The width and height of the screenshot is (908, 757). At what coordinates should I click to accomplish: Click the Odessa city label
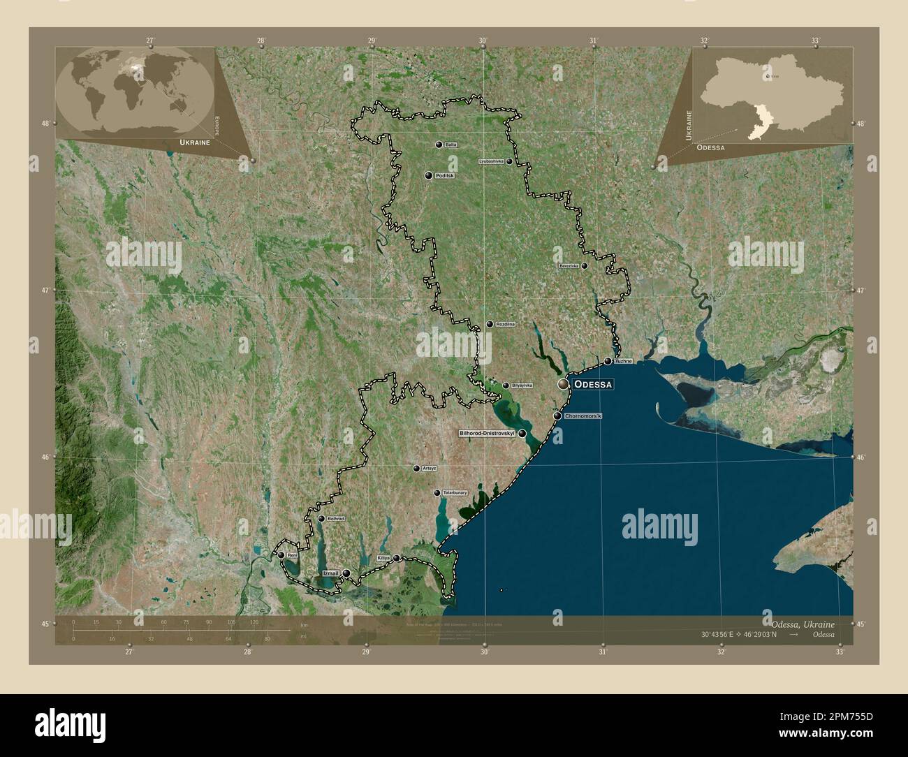coord(593,385)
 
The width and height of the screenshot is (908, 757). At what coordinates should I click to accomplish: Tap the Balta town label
coord(451,145)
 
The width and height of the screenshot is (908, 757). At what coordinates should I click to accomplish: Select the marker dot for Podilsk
coord(428,175)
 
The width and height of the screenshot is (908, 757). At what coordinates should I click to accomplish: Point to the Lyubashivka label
coord(491,161)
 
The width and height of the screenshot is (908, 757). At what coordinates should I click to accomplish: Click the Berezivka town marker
coord(584,265)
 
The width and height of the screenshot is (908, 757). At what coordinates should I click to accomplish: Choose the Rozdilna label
coord(505,325)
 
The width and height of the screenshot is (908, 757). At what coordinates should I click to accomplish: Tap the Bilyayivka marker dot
coord(506,385)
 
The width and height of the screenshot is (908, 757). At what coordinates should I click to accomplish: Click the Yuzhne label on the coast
coord(623,362)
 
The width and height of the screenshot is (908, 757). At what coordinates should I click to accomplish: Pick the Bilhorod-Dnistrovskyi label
coord(486,434)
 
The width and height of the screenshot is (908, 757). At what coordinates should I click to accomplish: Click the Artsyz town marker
coord(416,469)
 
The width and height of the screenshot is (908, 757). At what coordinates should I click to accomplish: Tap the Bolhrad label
coord(337,519)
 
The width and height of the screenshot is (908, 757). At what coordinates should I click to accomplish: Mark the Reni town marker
coord(281,555)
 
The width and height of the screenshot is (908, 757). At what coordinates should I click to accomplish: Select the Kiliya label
coord(383,559)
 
